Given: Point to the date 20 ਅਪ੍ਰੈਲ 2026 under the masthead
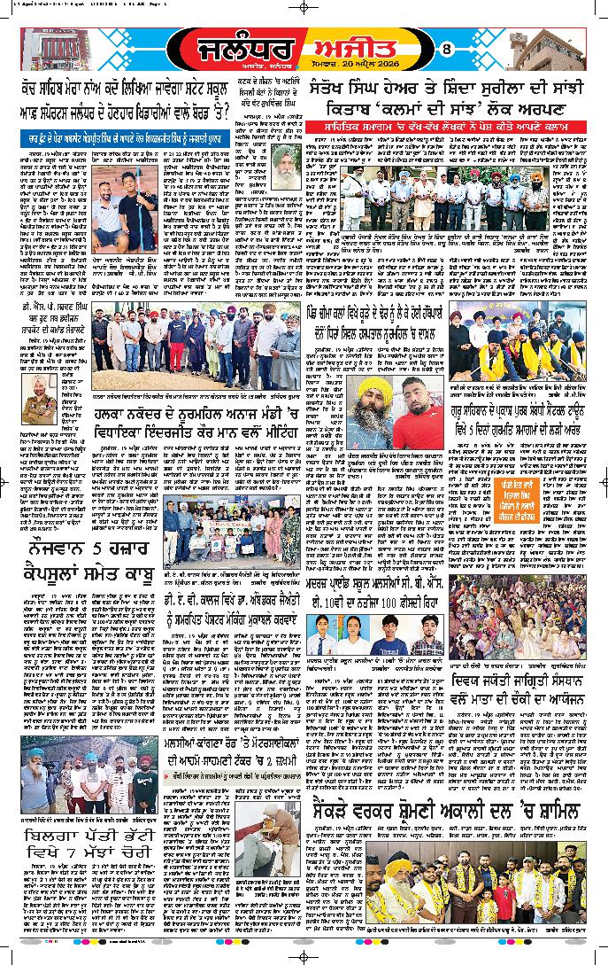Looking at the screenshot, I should click(373, 69).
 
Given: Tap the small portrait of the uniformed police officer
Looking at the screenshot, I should click(42, 383).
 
